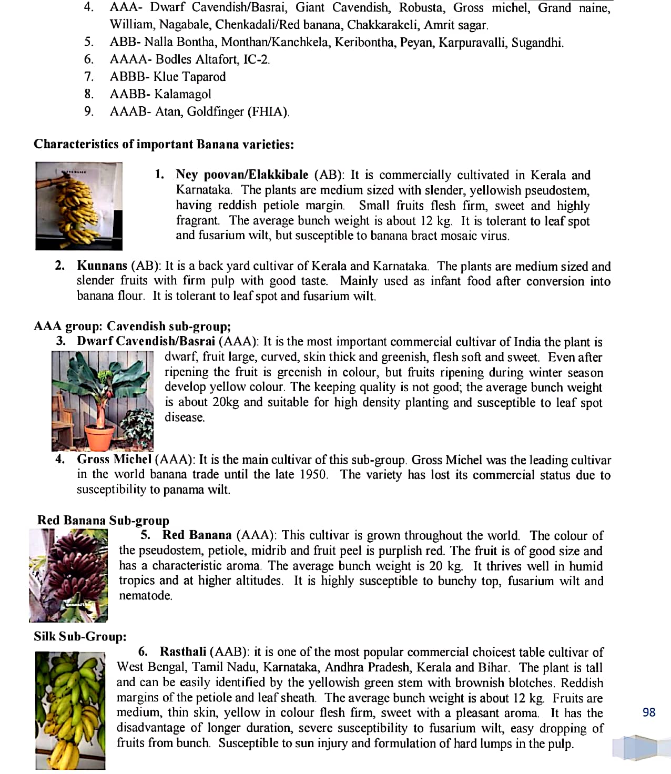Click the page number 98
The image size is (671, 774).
(649, 712)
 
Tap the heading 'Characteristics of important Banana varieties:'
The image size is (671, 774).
(164, 144)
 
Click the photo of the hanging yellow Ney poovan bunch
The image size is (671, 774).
(79, 206)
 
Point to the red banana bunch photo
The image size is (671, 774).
(68, 575)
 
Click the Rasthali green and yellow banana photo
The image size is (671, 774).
(70, 710)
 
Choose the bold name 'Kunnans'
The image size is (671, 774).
(102, 266)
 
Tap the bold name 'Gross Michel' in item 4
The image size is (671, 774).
(114, 459)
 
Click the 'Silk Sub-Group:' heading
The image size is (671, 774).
(80, 636)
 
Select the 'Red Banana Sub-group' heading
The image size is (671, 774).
(103, 520)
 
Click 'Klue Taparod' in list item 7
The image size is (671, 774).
(189, 77)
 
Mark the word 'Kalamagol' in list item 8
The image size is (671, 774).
(182, 94)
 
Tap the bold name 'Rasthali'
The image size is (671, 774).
(183, 651)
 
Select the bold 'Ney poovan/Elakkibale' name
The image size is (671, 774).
(242, 175)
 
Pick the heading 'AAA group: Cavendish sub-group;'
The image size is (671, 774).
(132, 326)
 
